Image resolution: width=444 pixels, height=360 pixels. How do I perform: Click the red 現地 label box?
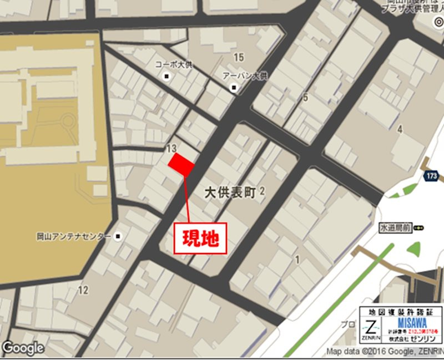[x=200, y=238]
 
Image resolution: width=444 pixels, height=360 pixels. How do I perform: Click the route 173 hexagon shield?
[x=433, y=176]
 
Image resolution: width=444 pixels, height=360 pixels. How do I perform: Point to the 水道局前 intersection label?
[x=395, y=227]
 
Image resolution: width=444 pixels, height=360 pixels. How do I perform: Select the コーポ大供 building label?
[x=174, y=65]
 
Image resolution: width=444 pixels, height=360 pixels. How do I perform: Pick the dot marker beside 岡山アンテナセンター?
[x=118, y=236]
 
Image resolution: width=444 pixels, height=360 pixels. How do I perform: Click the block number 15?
[x=239, y=57]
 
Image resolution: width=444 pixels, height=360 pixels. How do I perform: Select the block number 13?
[x=171, y=148]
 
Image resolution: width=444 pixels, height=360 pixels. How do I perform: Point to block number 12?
[x=83, y=290]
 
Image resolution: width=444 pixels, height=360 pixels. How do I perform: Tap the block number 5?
[x=305, y=98]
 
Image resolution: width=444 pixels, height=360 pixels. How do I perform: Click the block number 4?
[x=399, y=129]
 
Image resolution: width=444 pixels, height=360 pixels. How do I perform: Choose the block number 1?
[x=297, y=258]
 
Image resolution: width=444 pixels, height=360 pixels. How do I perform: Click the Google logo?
[x=23, y=348]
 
